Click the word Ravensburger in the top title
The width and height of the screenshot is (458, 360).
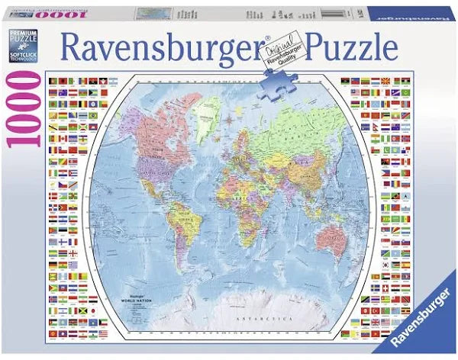click(x=164, y=47)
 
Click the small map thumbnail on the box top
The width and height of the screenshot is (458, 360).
click(x=157, y=14)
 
